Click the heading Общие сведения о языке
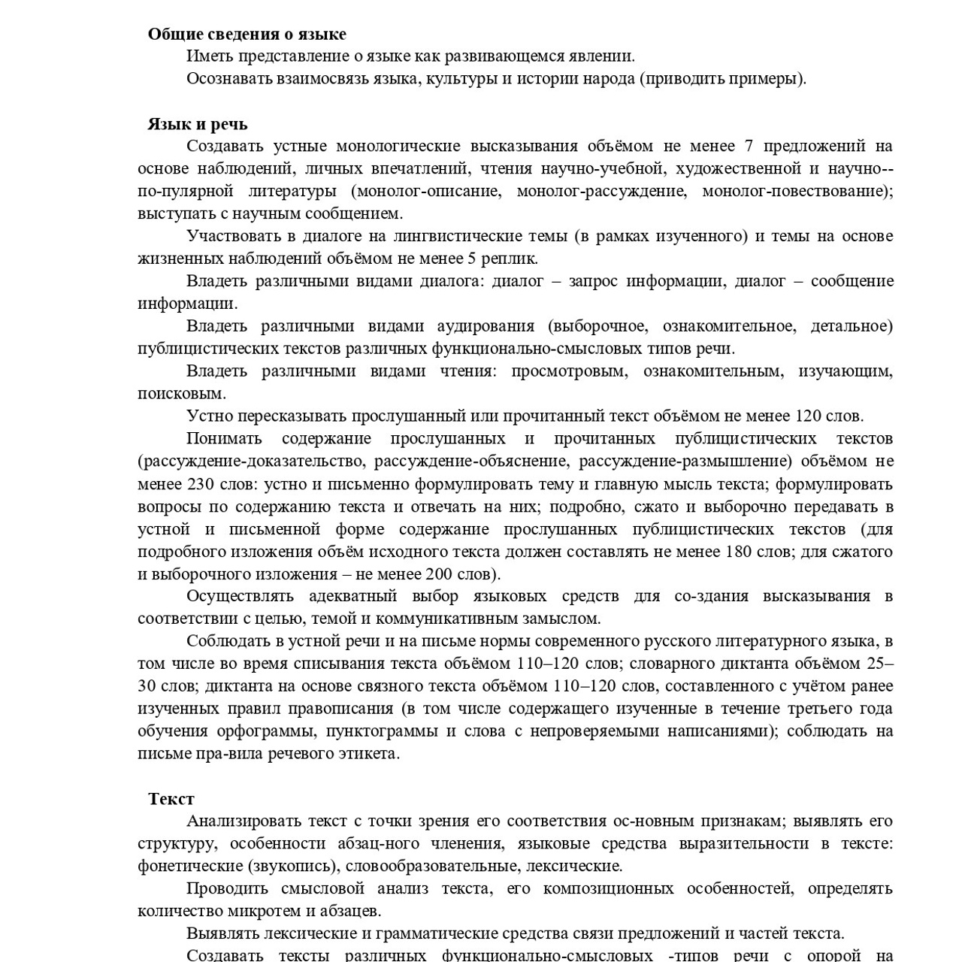coord(247,34)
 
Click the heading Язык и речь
coord(197,124)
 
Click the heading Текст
coord(171,799)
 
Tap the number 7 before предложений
coord(748,146)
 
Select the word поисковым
coord(181,393)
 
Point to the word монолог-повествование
coord(796,191)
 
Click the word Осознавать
coord(226,78)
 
